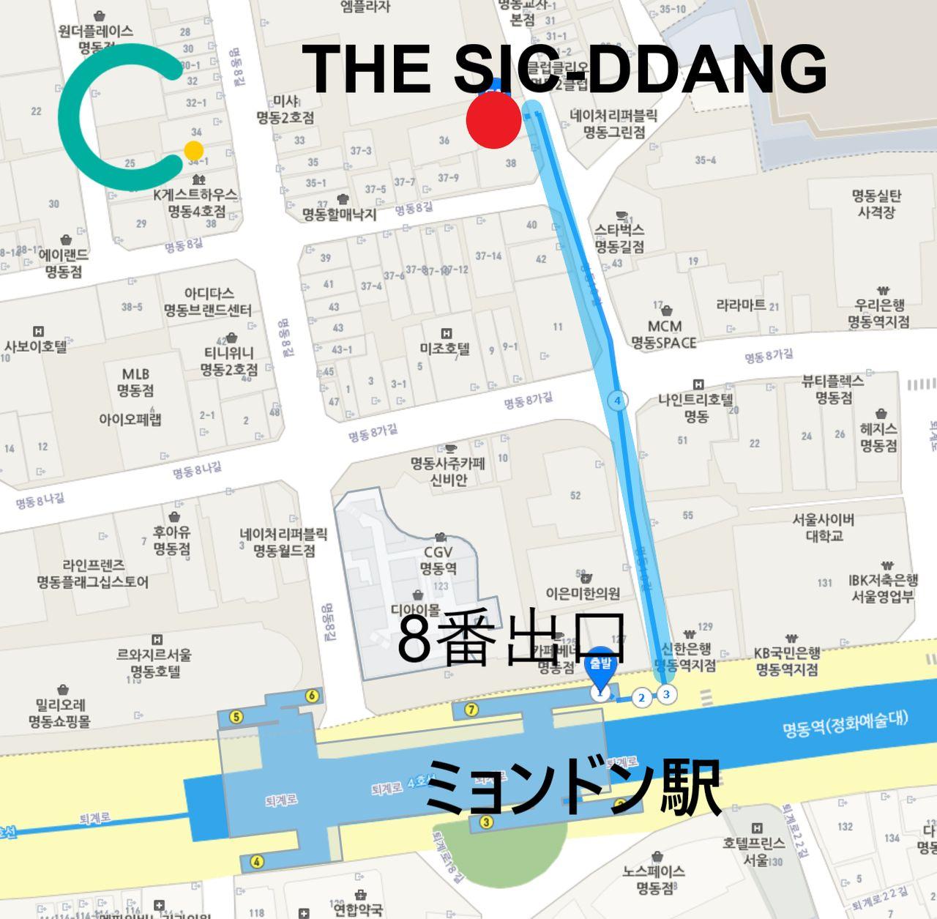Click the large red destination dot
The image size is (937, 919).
pyautogui.click(x=494, y=121)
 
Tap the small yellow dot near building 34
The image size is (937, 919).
pyautogui.click(x=193, y=151)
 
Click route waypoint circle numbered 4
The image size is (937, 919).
pyautogui.click(x=618, y=401)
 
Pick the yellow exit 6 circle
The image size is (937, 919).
pyautogui.click(x=312, y=696)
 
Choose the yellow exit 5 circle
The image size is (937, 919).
pyautogui.click(x=236, y=717)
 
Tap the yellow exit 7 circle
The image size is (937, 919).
pyautogui.click(x=471, y=709)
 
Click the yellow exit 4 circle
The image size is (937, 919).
pyautogui.click(x=257, y=861)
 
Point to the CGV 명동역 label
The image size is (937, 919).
pyautogui.click(x=438, y=560)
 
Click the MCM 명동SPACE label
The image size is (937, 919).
pyautogui.click(x=664, y=334)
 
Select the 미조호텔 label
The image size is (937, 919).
pyautogui.click(x=444, y=349)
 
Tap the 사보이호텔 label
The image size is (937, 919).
pyautogui.click(x=36, y=346)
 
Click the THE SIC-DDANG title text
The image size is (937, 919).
pyautogui.click(x=564, y=68)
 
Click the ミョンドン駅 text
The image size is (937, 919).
pyautogui.click(x=574, y=788)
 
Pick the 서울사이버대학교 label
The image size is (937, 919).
pyautogui.click(x=824, y=527)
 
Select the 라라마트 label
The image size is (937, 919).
pyautogui.click(x=741, y=305)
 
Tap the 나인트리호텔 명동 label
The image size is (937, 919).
pyautogui.click(x=695, y=408)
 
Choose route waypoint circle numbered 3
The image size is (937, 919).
pyautogui.click(x=665, y=694)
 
